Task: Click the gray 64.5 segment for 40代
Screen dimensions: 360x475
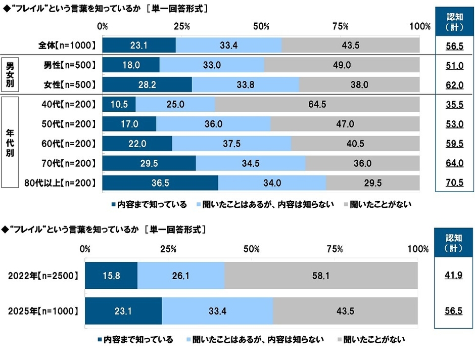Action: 317,104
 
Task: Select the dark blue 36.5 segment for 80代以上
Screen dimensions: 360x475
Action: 160,183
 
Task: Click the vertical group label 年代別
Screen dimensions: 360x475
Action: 10,144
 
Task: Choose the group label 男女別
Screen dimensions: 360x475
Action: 10,74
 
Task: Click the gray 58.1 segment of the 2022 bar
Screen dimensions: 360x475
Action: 321,276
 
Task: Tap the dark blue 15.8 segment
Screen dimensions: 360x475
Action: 111,276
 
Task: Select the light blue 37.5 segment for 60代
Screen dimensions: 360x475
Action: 231,144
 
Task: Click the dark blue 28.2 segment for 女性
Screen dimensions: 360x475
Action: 147,84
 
